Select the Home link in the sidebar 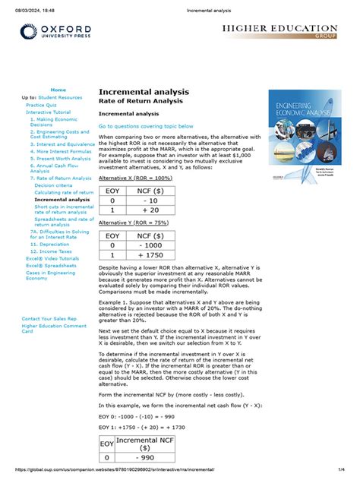tap(58, 90)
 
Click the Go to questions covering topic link tap(146, 126)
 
